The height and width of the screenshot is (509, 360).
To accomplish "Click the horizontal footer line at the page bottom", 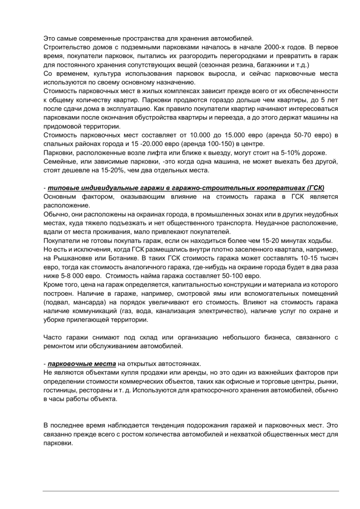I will [x=190, y=491].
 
